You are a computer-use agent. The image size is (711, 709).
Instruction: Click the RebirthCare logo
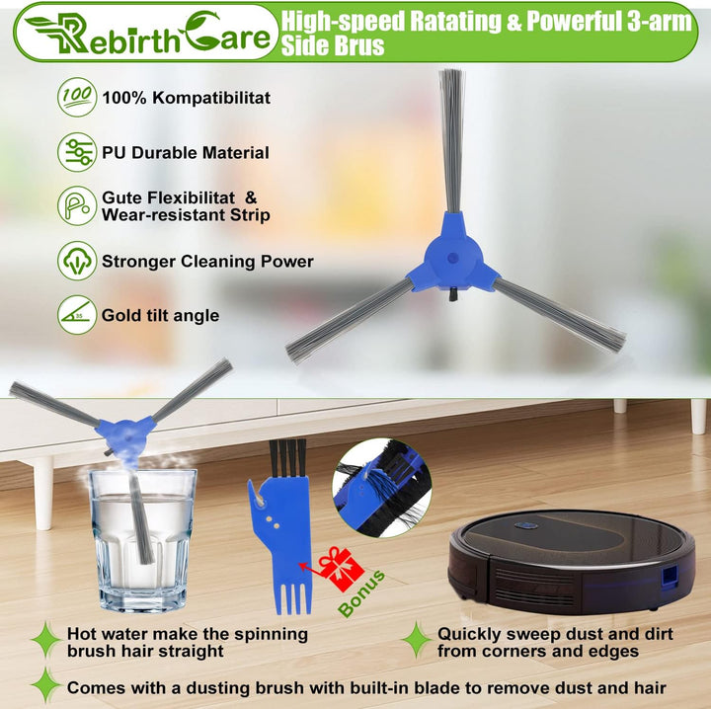(x=146, y=32)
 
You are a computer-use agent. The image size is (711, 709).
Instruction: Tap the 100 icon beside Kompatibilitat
(x=77, y=98)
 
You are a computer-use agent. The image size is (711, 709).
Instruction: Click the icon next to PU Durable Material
(x=77, y=152)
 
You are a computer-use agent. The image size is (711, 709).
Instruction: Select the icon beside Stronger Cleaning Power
(x=77, y=261)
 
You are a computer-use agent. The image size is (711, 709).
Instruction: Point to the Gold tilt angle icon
(x=77, y=315)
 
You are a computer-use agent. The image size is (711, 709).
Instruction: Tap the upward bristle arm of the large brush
(x=451, y=138)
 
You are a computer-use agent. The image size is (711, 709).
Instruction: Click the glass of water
(x=142, y=538)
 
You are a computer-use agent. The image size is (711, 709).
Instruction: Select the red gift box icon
(x=339, y=568)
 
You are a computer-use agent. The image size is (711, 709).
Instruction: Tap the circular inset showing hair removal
(x=381, y=489)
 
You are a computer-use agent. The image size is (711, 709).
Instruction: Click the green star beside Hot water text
(x=44, y=640)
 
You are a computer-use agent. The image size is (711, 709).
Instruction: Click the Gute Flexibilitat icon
(x=77, y=206)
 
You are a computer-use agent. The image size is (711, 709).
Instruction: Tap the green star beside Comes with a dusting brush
(x=44, y=685)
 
